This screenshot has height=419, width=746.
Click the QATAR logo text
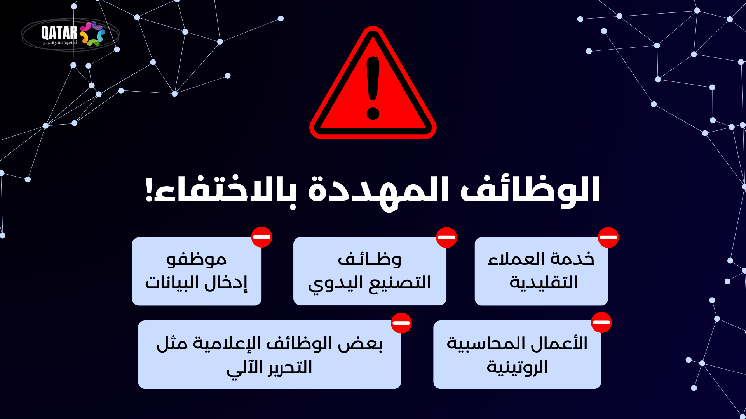click(x=59, y=33)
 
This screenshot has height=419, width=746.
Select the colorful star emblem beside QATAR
click(x=92, y=34)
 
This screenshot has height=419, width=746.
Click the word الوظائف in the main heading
click(x=530, y=190)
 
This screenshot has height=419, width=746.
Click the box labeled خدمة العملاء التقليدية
click(x=541, y=271)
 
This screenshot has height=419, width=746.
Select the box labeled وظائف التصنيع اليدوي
click(x=370, y=271)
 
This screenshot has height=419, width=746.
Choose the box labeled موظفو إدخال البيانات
click(x=197, y=271)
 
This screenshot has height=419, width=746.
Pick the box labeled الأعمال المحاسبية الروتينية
click(x=517, y=354)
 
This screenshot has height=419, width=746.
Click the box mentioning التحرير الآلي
click(x=269, y=354)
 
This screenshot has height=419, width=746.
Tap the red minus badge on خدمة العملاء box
click(x=608, y=237)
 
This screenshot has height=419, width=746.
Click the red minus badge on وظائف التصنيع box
click(x=446, y=237)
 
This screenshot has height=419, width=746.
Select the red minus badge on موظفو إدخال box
click(x=261, y=237)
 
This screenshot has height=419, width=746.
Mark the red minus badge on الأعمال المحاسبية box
click(x=601, y=322)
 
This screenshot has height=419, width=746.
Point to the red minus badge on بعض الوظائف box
click(x=401, y=323)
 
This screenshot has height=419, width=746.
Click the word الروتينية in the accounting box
click(x=517, y=367)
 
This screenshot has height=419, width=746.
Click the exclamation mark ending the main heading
click(x=148, y=189)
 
